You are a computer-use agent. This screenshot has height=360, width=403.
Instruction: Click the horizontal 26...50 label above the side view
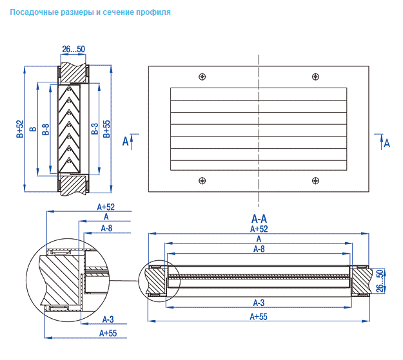[74, 49]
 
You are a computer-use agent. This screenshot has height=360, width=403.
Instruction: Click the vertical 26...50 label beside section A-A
[380, 281]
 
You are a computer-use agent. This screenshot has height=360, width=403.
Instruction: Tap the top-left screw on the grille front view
[202, 77]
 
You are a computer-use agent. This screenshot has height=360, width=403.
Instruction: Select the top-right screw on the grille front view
[315, 77]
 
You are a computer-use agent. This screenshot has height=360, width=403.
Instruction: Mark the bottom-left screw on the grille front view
[202, 180]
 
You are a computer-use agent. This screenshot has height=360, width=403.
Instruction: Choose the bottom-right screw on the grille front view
[315, 180]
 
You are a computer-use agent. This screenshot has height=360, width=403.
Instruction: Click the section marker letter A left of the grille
[126, 141]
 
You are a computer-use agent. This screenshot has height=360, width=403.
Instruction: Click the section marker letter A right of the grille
[387, 143]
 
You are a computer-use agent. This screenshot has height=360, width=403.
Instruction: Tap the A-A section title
[259, 218]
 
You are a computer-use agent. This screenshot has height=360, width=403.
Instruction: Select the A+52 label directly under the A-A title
[259, 229]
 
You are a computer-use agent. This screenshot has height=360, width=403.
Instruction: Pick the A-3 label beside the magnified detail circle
[108, 319]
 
